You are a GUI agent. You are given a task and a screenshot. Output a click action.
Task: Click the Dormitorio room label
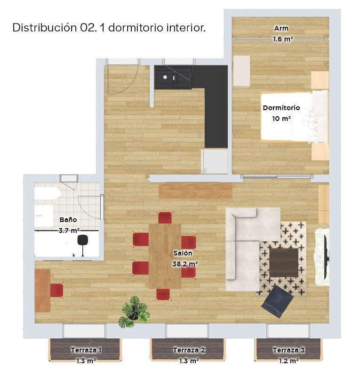pyautogui.click(x=281, y=108)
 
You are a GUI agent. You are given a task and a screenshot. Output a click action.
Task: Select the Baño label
pyautogui.click(x=68, y=220)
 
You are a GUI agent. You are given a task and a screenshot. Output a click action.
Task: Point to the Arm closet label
pyautogui.click(x=281, y=29)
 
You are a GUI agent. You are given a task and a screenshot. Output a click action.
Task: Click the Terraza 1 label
pyautogui.click(x=86, y=350)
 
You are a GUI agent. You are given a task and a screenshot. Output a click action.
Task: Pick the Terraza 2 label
pyautogui.click(x=189, y=350)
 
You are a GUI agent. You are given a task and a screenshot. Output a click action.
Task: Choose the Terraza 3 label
pyautogui.click(x=289, y=350)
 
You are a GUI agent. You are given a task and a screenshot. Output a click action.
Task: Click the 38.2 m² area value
pyautogui.click(x=185, y=264)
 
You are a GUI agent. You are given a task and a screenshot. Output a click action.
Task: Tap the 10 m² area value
pyautogui.click(x=281, y=119)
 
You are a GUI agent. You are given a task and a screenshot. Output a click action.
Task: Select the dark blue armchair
pyautogui.click(x=277, y=301)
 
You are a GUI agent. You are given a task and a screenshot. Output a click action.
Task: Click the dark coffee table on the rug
pyautogui.click(x=284, y=262)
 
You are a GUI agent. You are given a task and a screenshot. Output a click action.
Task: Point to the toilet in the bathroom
pyautogui.click(x=47, y=193)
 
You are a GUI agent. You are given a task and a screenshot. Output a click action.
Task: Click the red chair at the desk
pyautogui.click(x=57, y=290)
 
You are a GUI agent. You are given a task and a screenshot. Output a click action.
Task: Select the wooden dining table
pyautogui.click(x=165, y=255)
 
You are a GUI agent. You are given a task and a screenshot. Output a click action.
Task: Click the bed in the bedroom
pyautogui.click(x=294, y=116)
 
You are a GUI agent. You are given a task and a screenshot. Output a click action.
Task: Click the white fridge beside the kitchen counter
pyautogui.click(x=215, y=161)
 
